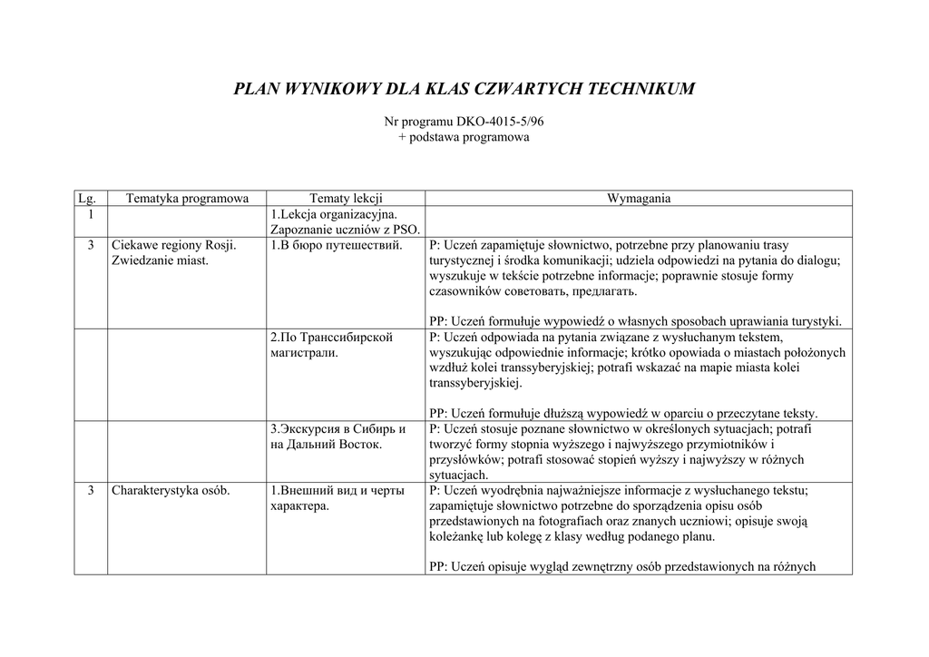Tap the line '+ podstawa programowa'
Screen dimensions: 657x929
(464, 137)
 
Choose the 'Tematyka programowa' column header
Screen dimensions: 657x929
(187, 198)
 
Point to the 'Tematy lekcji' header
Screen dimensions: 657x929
(346, 198)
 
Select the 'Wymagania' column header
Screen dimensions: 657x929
(639, 198)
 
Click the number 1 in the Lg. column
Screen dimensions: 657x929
(91, 214)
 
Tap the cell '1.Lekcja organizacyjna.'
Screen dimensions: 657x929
(333, 214)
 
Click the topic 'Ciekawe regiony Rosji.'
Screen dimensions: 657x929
(173, 245)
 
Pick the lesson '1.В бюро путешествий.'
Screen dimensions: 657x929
(336, 245)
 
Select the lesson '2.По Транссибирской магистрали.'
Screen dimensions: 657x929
(331, 345)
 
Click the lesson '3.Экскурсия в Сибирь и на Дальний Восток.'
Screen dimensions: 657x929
(337, 436)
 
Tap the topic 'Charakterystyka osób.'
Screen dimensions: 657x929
(171, 491)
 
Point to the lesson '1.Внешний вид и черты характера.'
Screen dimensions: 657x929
(336, 498)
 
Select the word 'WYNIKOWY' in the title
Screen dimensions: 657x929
(333, 89)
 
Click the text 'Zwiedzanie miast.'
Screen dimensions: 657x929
(160, 260)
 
